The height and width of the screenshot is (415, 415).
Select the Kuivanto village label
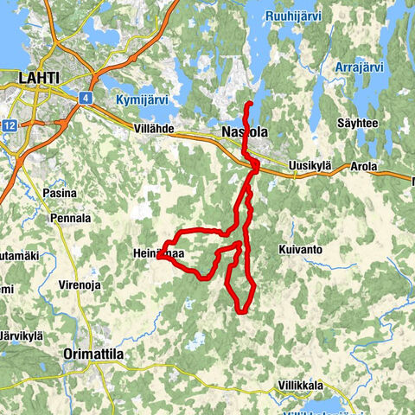pyautogui.click(x=300, y=249)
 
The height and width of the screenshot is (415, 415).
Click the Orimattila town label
pyautogui.click(x=94, y=354)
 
